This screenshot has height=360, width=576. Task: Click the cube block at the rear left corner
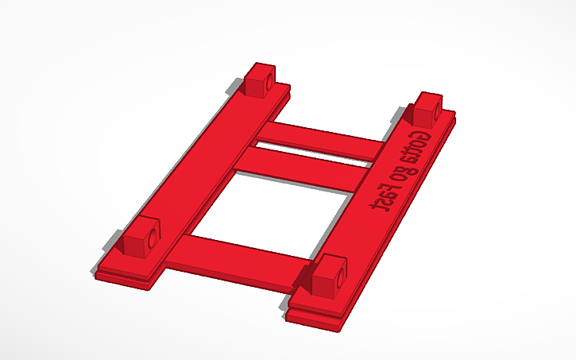click(x=259, y=80)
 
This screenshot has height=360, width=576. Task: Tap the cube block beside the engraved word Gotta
click(x=427, y=108)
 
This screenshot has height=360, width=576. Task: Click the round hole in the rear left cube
click(x=269, y=82)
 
